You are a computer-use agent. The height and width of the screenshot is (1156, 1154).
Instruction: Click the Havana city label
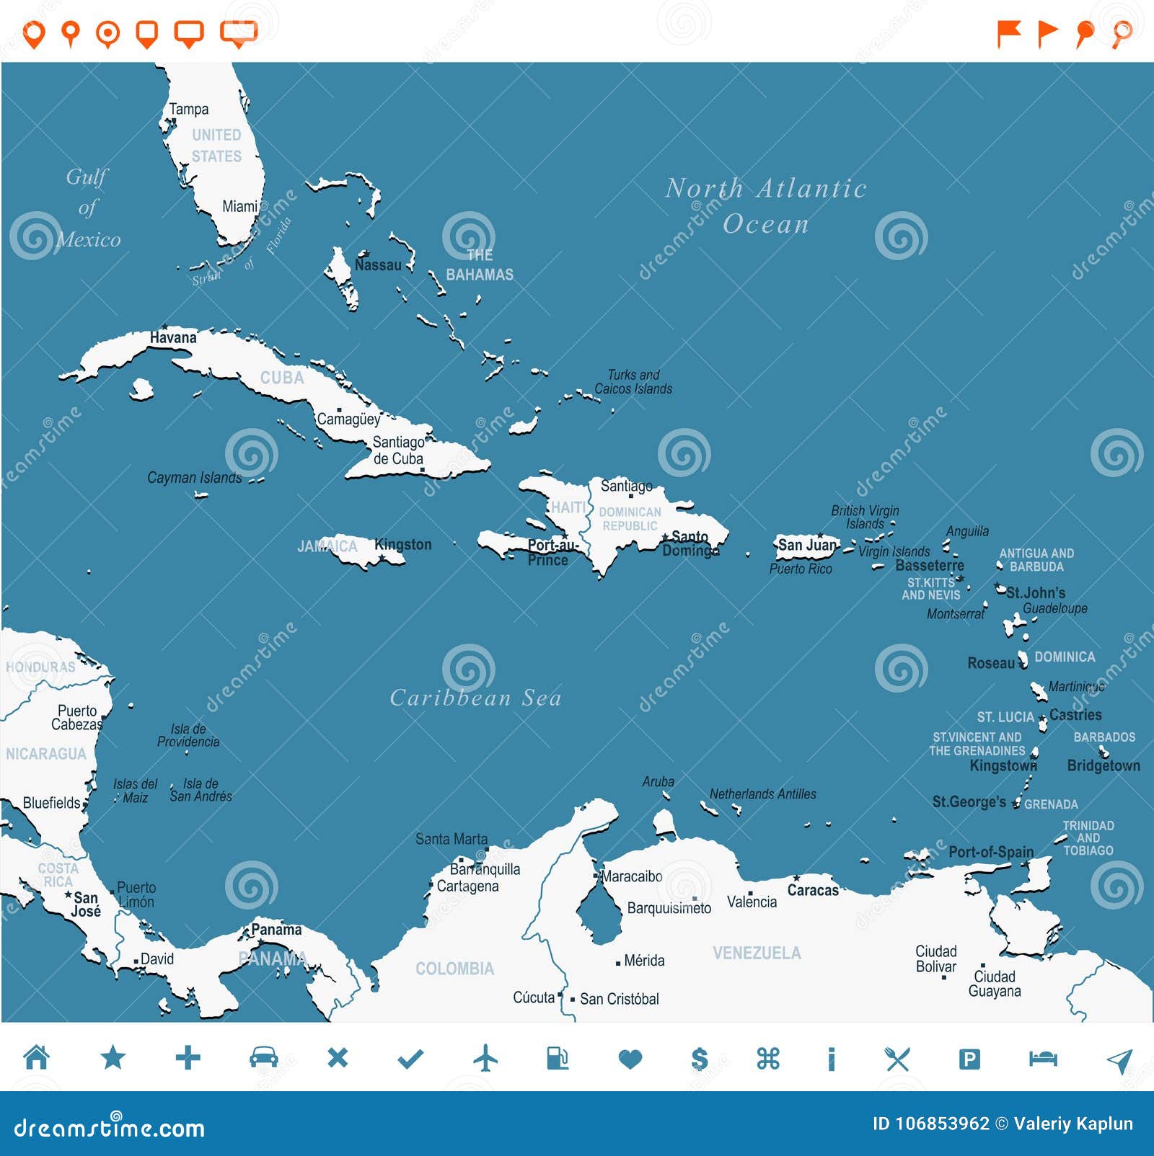(173, 337)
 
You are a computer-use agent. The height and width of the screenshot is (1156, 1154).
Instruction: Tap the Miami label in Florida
(239, 207)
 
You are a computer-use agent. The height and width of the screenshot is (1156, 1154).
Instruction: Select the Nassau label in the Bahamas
(378, 265)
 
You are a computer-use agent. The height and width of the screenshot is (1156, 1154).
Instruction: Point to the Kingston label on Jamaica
(403, 545)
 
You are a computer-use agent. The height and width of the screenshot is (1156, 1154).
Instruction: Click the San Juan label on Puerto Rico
(806, 545)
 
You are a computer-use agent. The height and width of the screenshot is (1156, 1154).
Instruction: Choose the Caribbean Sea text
(475, 698)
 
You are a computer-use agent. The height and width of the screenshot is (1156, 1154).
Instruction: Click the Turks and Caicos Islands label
(633, 382)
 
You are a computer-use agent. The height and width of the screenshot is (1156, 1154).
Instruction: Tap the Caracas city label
(813, 890)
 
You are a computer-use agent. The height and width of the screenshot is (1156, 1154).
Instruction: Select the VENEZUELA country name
(757, 953)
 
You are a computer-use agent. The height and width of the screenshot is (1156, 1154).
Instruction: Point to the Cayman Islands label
(195, 478)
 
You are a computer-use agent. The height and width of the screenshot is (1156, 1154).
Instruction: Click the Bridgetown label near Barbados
(1104, 765)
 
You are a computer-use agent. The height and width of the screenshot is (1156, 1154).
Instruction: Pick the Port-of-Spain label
(990, 852)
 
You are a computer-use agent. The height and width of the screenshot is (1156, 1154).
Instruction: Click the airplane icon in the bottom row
(485, 1058)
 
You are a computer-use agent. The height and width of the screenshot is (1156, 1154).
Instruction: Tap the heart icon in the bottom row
(630, 1059)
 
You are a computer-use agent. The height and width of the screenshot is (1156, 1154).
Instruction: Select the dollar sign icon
(699, 1059)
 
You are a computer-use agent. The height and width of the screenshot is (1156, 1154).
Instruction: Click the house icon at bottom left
(37, 1057)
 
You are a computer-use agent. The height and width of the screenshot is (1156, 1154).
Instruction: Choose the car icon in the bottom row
(263, 1057)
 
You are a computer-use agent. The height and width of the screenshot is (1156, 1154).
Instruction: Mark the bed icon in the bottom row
(1042, 1058)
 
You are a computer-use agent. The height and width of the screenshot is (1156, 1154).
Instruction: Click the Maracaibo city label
(632, 876)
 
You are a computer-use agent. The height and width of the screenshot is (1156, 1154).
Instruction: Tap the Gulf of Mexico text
(88, 208)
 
